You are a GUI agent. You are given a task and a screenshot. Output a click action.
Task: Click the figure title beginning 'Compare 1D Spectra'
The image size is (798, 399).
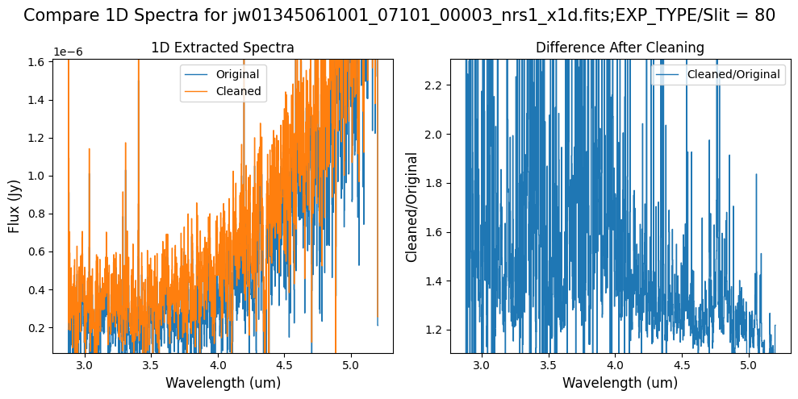pyautogui.click(x=399, y=15)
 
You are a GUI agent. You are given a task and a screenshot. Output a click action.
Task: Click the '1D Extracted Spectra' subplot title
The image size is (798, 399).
pyautogui.click(x=223, y=48)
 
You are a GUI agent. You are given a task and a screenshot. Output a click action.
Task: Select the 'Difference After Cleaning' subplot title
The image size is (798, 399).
pyautogui.click(x=620, y=48)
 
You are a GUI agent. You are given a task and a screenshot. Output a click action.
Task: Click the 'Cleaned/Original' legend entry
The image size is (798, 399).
pyautogui.click(x=733, y=74)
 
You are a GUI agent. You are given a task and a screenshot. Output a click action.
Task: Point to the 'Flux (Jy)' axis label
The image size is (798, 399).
pyautogui.click(x=15, y=205)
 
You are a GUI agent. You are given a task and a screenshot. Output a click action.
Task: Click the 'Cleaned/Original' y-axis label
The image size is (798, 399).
pyautogui.click(x=412, y=206)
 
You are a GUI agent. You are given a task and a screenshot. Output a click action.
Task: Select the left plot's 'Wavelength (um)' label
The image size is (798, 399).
pyautogui.click(x=223, y=383)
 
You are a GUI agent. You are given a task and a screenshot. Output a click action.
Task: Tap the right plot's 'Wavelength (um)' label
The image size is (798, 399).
pyautogui.click(x=620, y=383)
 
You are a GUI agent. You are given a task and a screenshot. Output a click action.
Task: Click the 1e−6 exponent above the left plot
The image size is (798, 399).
pyautogui.click(x=68, y=52)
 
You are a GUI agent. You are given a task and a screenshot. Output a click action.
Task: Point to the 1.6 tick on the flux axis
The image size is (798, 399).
pyautogui.click(x=38, y=62)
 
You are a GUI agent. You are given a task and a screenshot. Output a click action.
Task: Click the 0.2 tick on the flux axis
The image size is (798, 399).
pyautogui.click(x=38, y=328)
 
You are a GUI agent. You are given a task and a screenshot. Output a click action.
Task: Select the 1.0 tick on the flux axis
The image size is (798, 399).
pyautogui.click(x=38, y=176)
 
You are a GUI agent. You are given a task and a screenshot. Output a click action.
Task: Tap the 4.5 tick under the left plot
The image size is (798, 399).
pyautogui.click(x=284, y=365)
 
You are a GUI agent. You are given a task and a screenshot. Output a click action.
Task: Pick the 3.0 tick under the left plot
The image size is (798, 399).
pyautogui.click(x=84, y=365)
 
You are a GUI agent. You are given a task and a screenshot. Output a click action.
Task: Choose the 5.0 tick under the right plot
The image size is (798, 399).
pyautogui.click(x=749, y=365)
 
